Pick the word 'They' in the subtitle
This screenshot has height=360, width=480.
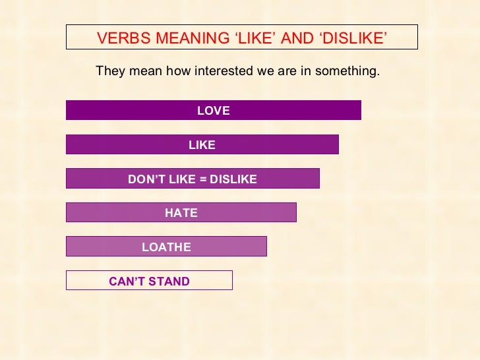point(109,71)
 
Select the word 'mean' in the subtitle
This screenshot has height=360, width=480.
point(144,71)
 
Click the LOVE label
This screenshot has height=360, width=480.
point(214,111)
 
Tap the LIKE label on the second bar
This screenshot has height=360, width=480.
point(202,146)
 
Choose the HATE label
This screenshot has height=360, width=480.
point(181,213)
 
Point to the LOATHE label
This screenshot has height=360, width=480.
point(166,247)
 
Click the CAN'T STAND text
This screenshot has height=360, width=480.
point(149,282)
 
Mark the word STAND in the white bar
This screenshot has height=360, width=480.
point(170,282)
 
